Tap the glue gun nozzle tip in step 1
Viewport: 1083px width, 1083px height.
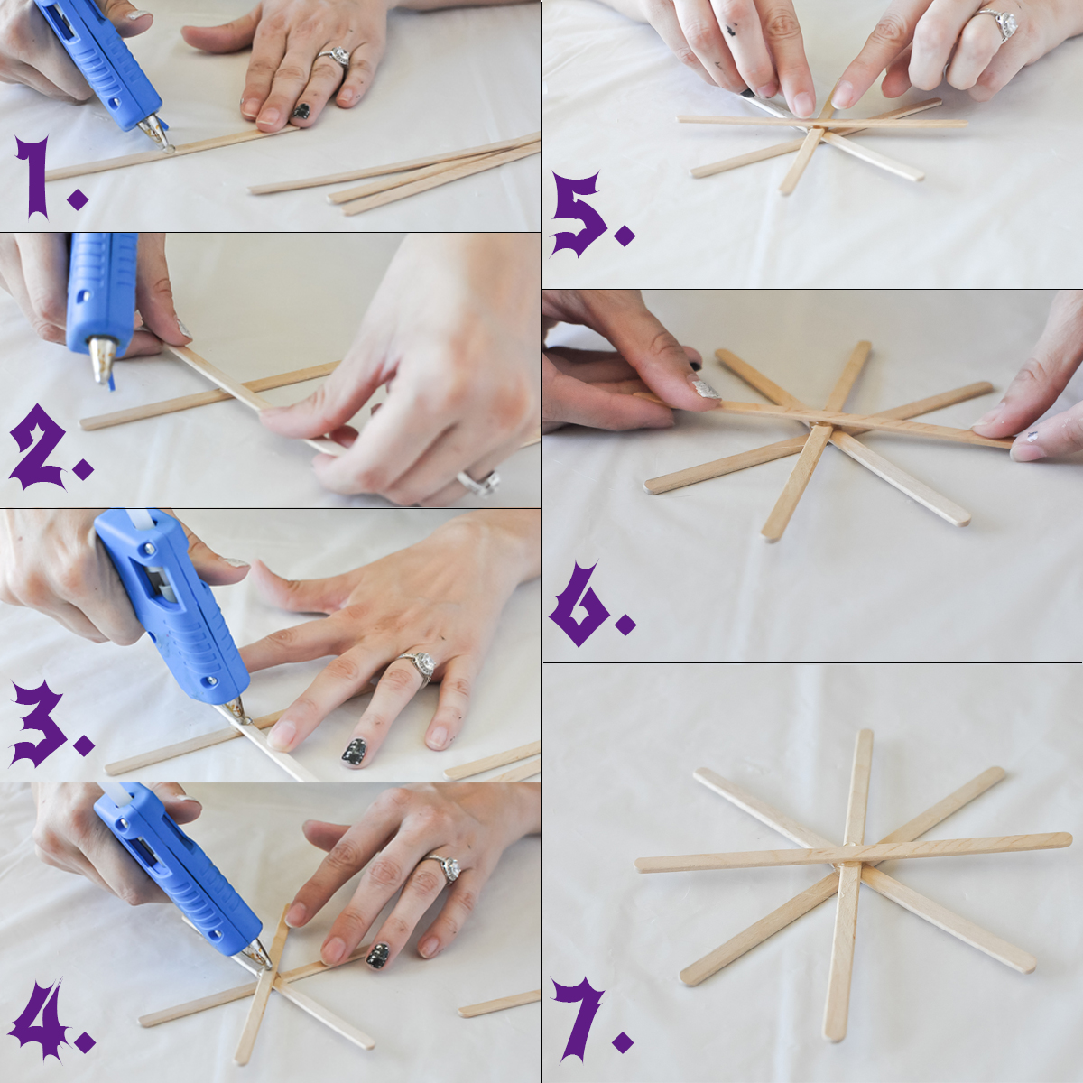[x=167, y=148]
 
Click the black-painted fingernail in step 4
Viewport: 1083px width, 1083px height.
[x=377, y=956]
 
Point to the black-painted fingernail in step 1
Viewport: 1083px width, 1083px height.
[x=301, y=111]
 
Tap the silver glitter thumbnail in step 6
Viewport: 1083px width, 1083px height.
[x=704, y=389]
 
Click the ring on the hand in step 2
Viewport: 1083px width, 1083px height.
[x=479, y=481]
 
